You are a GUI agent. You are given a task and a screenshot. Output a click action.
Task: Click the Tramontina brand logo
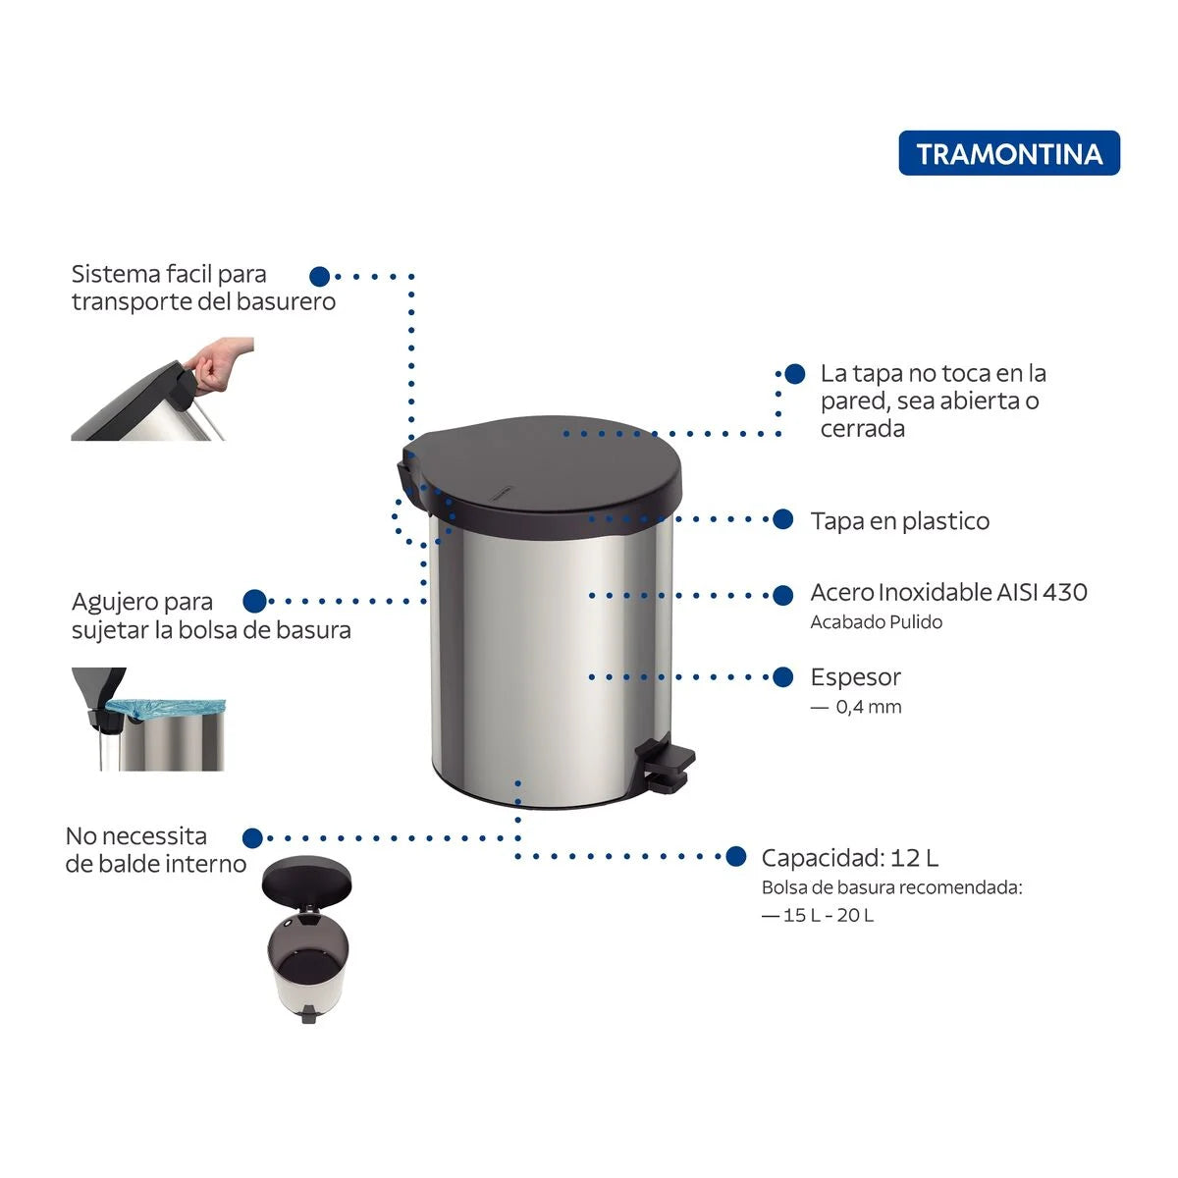(x=1008, y=154)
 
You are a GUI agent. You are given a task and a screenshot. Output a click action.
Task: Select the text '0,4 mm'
(x=868, y=707)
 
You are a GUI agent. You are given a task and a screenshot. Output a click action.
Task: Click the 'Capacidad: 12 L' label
(x=849, y=858)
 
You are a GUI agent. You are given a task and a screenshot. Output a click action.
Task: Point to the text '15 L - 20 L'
(x=828, y=915)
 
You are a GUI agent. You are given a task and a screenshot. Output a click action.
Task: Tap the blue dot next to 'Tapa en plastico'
(x=782, y=519)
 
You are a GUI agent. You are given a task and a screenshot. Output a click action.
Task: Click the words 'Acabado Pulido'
(x=876, y=622)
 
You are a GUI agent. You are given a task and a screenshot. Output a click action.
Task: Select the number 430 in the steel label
(x=1064, y=592)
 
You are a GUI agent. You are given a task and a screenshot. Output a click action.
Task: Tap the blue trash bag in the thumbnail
(x=165, y=708)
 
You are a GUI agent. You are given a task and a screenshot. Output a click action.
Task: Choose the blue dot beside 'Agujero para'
(x=254, y=601)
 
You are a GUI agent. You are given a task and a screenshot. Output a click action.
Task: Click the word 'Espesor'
(x=855, y=677)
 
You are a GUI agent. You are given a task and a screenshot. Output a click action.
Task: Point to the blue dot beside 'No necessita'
(x=252, y=837)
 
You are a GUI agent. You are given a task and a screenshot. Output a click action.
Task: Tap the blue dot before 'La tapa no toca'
(x=795, y=374)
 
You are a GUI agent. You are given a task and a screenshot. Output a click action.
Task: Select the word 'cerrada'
(x=862, y=429)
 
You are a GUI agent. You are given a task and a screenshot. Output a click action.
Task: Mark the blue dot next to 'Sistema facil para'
(x=319, y=277)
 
